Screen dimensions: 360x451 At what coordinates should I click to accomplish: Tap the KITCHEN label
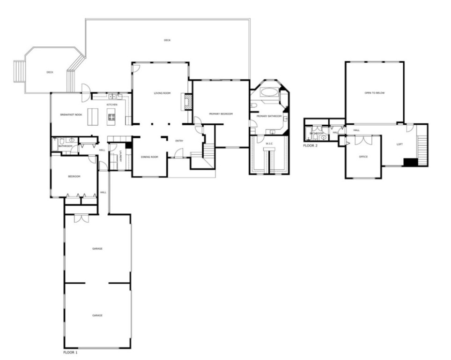(111, 104)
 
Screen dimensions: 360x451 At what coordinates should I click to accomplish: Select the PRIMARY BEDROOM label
(221, 114)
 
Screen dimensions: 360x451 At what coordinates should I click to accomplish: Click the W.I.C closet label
(269, 143)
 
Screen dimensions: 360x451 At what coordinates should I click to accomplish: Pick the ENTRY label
(179, 141)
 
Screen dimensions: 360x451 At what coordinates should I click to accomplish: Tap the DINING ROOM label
(149, 157)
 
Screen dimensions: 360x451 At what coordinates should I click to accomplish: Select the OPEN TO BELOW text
(374, 93)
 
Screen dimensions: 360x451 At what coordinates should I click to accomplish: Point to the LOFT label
(399, 144)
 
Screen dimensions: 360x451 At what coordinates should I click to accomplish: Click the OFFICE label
(363, 157)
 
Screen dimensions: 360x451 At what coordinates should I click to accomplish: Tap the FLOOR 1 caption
(70, 352)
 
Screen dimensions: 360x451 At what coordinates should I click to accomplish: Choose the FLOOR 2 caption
(310, 146)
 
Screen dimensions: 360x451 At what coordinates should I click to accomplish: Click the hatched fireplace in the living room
(187, 102)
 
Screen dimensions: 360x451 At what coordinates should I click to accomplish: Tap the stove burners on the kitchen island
(111, 115)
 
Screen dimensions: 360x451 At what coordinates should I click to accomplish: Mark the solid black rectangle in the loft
(410, 162)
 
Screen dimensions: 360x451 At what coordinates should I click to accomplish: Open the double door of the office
(363, 140)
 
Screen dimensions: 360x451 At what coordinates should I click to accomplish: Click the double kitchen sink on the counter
(116, 97)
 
